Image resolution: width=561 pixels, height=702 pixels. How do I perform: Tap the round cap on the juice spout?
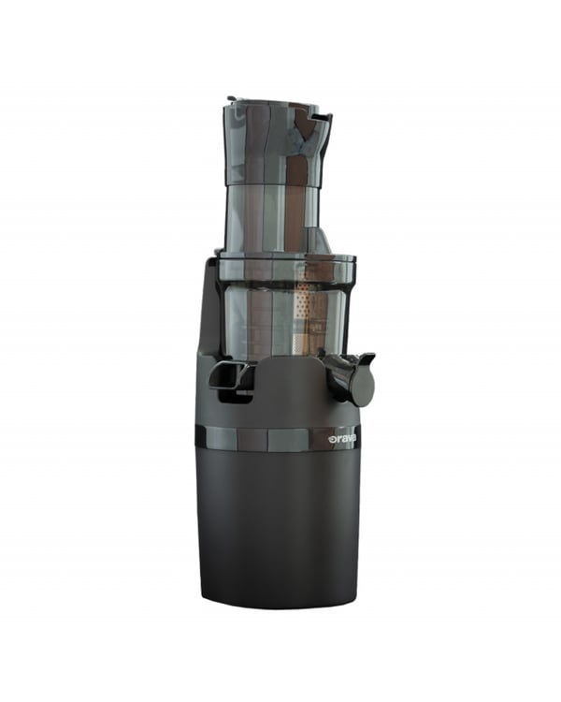point(362,385)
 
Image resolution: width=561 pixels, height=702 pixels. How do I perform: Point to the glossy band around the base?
point(275,438)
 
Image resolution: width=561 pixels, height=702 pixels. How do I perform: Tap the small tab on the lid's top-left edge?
point(232,99)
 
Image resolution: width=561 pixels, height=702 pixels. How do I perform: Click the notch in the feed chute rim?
point(322,117)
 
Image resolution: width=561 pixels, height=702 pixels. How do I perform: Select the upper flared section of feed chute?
point(277,142)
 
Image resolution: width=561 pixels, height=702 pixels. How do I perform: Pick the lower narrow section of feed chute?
point(273,218)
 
